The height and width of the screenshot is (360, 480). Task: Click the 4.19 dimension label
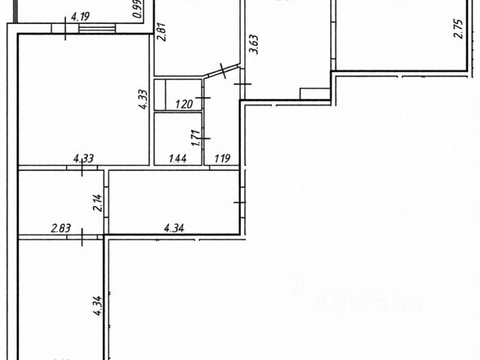(80, 14)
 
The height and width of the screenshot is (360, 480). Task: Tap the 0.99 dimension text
(137, 10)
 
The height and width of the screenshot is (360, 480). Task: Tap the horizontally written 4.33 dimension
(82, 157)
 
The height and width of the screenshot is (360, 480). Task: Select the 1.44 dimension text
(177, 157)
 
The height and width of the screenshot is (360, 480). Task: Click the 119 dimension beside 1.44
(223, 157)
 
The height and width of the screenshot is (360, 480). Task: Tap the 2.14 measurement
(97, 203)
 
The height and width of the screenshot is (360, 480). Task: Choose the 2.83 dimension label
(61, 227)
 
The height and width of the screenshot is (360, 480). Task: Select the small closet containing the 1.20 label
(178, 95)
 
